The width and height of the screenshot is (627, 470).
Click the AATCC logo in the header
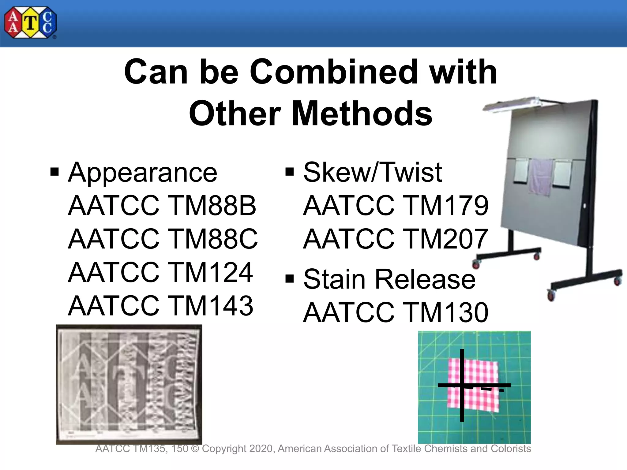pos(30,23)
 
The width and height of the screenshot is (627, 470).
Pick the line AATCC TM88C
pos(163,239)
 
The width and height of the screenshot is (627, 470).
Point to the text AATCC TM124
pos(160,272)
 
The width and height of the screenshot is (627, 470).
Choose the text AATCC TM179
pos(396,206)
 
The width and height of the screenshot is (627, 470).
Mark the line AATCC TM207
pos(395,239)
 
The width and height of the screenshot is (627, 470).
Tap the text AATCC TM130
pos(396,312)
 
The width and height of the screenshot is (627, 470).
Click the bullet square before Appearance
pos(54,172)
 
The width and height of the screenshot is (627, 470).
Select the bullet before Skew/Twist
pos(289,172)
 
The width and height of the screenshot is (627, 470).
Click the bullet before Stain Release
pos(289,279)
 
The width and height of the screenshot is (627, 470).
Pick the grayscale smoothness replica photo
pos(129,384)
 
